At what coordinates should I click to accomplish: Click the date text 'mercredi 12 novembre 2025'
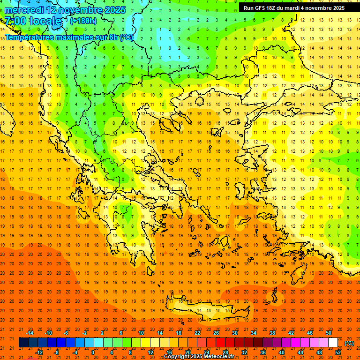[65, 10]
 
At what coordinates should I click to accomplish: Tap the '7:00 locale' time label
[33, 21]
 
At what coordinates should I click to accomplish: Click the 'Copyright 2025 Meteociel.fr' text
[199, 357]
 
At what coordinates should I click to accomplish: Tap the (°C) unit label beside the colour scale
[349, 343]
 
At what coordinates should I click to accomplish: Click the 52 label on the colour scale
[338, 352]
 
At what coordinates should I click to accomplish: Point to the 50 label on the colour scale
[329, 333]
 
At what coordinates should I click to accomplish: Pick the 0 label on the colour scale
[92, 352]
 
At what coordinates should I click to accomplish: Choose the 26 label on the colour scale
[216, 333]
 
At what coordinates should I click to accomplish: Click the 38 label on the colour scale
[272, 333]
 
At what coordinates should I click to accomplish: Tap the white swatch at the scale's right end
[333, 343]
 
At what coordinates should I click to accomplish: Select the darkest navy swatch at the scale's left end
[23, 343]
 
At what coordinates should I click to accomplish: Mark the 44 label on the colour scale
[300, 352]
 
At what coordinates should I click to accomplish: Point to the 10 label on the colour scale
[141, 333]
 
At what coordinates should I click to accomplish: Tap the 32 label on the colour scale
[244, 352]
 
